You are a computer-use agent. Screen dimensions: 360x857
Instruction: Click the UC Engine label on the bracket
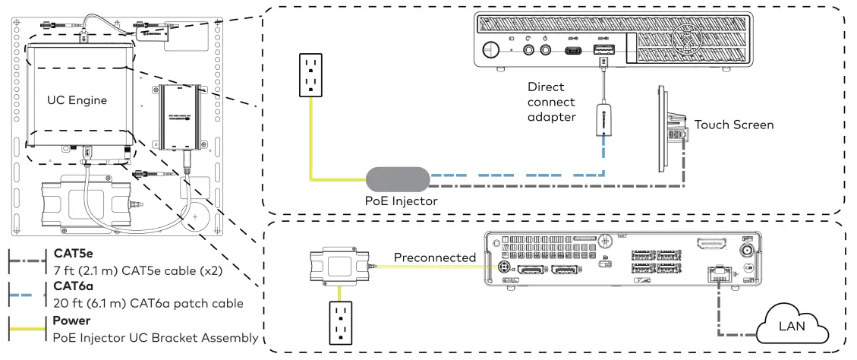(77, 99)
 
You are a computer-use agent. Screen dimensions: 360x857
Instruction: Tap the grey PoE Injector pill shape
(399, 180)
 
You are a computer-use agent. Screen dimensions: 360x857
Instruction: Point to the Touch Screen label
(733, 125)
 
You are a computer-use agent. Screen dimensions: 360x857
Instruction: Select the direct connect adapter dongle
(604, 122)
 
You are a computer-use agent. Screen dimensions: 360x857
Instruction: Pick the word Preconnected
(434, 258)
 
